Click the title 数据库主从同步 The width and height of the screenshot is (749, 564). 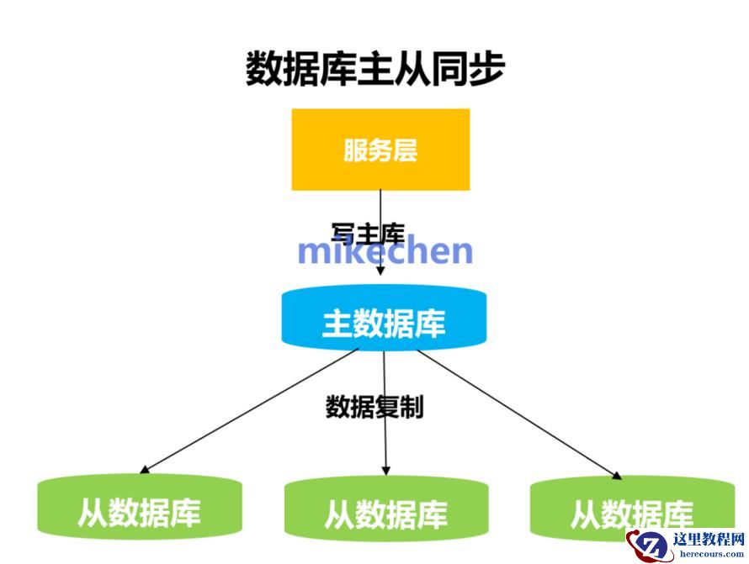tap(374, 68)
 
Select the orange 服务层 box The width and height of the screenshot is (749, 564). tap(380, 150)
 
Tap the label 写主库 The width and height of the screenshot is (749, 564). tap(368, 233)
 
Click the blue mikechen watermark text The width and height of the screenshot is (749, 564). tap(385, 250)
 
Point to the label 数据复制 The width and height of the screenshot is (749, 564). tap(374, 408)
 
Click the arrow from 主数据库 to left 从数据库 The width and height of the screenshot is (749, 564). tap(252, 409)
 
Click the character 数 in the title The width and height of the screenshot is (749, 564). tap(263, 68)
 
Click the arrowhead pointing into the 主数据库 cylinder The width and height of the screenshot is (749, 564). tap(380, 271)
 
